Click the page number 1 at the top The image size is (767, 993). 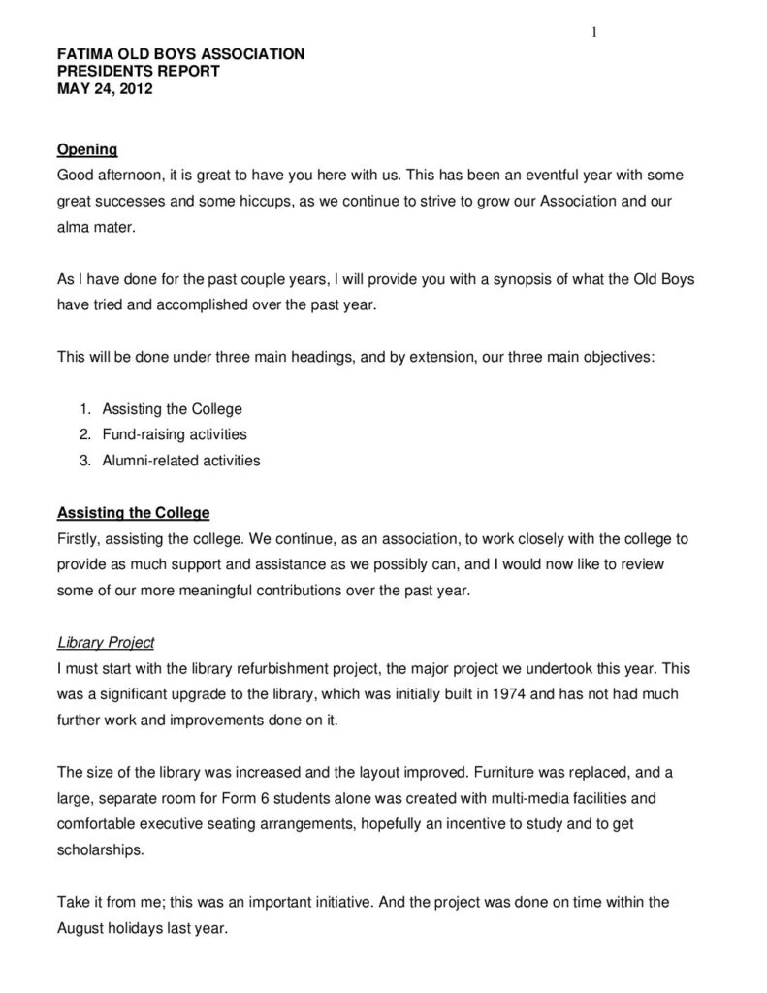(x=593, y=34)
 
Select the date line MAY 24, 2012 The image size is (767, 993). (x=105, y=89)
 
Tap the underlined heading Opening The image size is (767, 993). (x=87, y=150)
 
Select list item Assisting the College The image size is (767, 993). (x=172, y=409)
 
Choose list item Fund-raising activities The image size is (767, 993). (x=175, y=434)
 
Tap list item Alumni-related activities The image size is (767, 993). (x=181, y=461)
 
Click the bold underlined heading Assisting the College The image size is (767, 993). (x=133, y=513)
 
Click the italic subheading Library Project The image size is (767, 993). (x=106, y=643)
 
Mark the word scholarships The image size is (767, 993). (x=100, y=849)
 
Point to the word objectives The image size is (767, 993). (x=617, y=357)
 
